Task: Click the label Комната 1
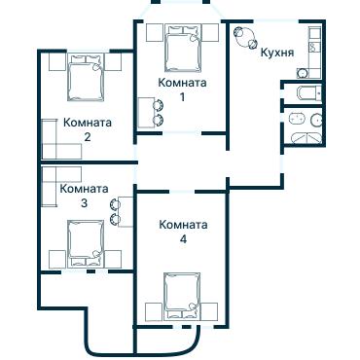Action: [x=182, y=90]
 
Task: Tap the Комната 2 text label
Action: [x=87, y=130]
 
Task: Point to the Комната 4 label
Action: [x=183, y=232]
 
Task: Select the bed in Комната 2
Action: [x=85, y=77]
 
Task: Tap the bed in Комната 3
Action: [x=86, y=241]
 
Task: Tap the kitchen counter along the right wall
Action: [x=314, y=54]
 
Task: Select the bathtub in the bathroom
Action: [x=306, y=135]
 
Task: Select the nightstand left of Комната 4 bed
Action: [x=152, y=311]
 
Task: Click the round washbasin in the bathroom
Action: [x=317, y=121]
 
